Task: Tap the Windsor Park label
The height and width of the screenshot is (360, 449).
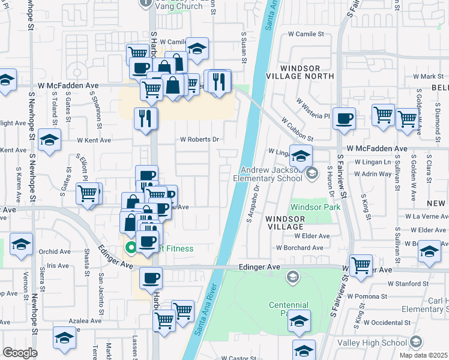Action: pos(315,207)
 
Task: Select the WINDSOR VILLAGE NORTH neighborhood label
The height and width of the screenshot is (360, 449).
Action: pos(304,73)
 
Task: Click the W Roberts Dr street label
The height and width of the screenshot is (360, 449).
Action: pos(199,140)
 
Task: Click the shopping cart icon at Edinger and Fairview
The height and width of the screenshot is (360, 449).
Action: pos(361,264)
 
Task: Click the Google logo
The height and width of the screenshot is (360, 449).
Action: pos(20,352)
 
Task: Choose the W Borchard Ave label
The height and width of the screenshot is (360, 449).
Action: pos(300,247)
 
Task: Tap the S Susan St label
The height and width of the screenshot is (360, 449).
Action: pos(244,48)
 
